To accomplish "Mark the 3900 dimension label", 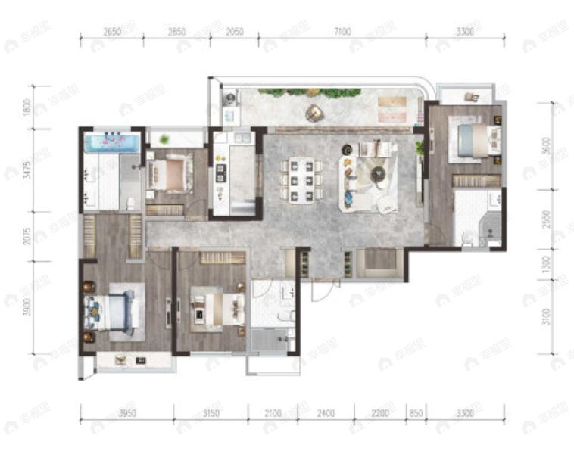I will click(x=28, y=306).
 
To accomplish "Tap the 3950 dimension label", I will click(x=126, y=413).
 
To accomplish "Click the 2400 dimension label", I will click(x=326, y=413).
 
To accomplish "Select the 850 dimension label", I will click(x=416, y=413).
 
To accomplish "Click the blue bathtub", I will click(x=112, y=142).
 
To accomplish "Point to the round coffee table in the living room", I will click(x=378, y=176).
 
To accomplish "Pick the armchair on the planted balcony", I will click(x=314, y=113).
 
